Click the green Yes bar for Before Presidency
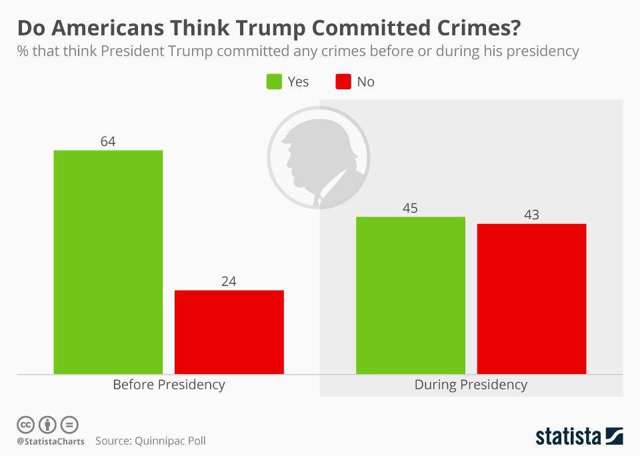pos(108,261)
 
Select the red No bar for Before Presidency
pos(229,331)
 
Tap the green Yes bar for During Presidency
pos(410,295)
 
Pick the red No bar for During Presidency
pos(531,298)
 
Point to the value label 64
pos(108,141)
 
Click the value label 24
pos(229,281)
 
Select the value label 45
pos(410,208)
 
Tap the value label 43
pos(531,215)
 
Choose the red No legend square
pos(343,81)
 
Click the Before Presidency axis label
pos(169,385)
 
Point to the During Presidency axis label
pos(471,385)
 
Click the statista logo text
pos(569,437)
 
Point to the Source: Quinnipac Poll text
pos(150,441)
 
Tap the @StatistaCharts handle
pos(51,441)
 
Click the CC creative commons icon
pos(25,424)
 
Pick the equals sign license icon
pos(69,424)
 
